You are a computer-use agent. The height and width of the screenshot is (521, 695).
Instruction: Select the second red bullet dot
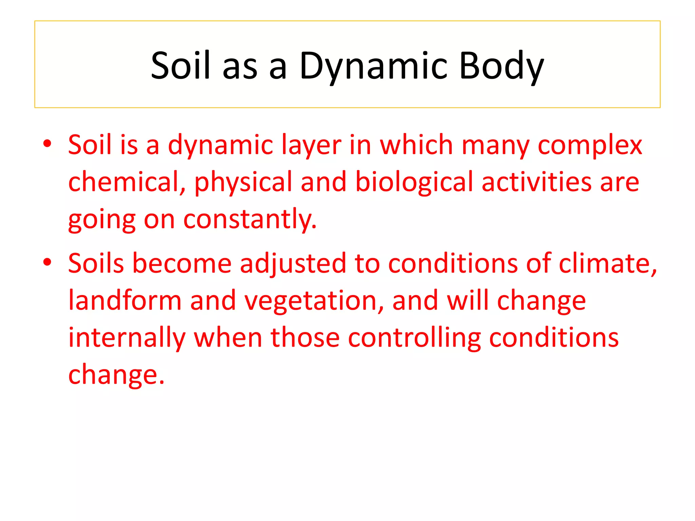(47, 262)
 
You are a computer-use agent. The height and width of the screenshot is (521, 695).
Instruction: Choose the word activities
(537, 182)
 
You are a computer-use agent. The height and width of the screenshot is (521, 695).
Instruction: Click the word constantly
(250, 219)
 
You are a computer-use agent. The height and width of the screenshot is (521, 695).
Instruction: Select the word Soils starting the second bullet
(96, 263)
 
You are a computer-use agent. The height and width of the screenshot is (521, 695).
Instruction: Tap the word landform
(125, 301)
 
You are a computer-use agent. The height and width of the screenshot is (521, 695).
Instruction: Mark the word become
(182, 263)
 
